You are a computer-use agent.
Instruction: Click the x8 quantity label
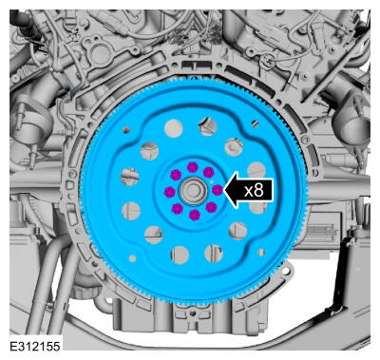(x=254, y=190)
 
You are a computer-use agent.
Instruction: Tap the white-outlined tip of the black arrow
(x=224, y=190)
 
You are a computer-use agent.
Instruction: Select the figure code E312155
(x=35, y=346)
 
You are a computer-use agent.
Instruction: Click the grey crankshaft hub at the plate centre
(x=193, y=191)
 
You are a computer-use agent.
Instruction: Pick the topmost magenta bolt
(x=193, y=167)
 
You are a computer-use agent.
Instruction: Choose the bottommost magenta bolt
(x=195, y=215)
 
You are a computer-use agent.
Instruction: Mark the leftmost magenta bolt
(x=170, y=192)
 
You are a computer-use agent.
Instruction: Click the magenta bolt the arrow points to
(x=218, y=190)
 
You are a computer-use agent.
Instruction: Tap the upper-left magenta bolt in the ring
(x=176, y=174)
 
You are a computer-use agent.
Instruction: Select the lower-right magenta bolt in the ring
(x=211, y=207)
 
